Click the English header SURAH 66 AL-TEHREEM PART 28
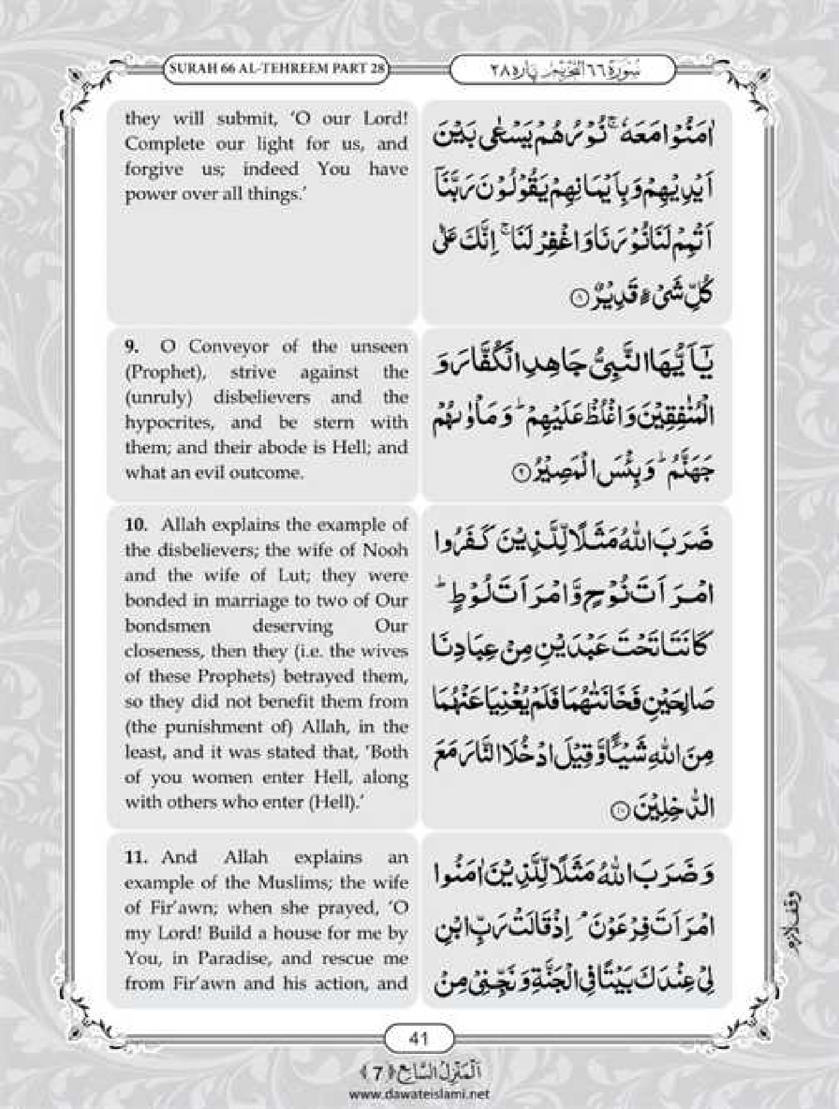(277, 68)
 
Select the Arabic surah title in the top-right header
(562, 70)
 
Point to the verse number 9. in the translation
(132, 346)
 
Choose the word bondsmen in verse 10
(168, 626)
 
